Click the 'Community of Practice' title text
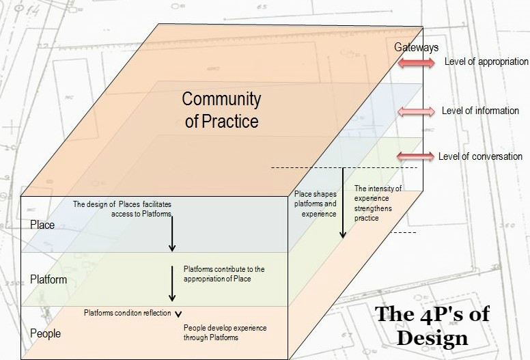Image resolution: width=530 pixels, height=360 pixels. click(221, 110)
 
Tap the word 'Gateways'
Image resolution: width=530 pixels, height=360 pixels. click(416, 47)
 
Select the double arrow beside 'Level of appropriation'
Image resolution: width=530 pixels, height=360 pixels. click(416, 63)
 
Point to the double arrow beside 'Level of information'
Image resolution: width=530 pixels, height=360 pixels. click(416, 111)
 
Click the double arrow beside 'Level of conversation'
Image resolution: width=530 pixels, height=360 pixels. click(416, 156)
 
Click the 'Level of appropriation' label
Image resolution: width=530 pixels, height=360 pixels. click(486, 61)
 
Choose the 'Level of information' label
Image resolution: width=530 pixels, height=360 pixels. click(480, 111)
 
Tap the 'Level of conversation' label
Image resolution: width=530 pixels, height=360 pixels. click(480, 156)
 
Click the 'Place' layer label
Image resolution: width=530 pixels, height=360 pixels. click(42, 225)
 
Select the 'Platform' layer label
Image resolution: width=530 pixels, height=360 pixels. click(48, 279)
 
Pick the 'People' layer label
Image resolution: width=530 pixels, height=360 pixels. click(46, 333)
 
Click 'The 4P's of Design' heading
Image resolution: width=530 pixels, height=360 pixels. click(432, 326)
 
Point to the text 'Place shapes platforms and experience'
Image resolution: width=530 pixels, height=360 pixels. click(315, 204)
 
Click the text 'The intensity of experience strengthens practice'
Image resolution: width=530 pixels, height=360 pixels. click(378, 203)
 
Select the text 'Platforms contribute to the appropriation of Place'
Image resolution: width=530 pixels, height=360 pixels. click(223, 274)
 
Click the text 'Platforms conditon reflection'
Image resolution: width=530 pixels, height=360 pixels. click(128, 313)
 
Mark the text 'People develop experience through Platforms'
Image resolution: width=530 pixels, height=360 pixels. click(225, 333)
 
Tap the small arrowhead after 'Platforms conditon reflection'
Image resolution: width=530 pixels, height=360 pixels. click(178, 314)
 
